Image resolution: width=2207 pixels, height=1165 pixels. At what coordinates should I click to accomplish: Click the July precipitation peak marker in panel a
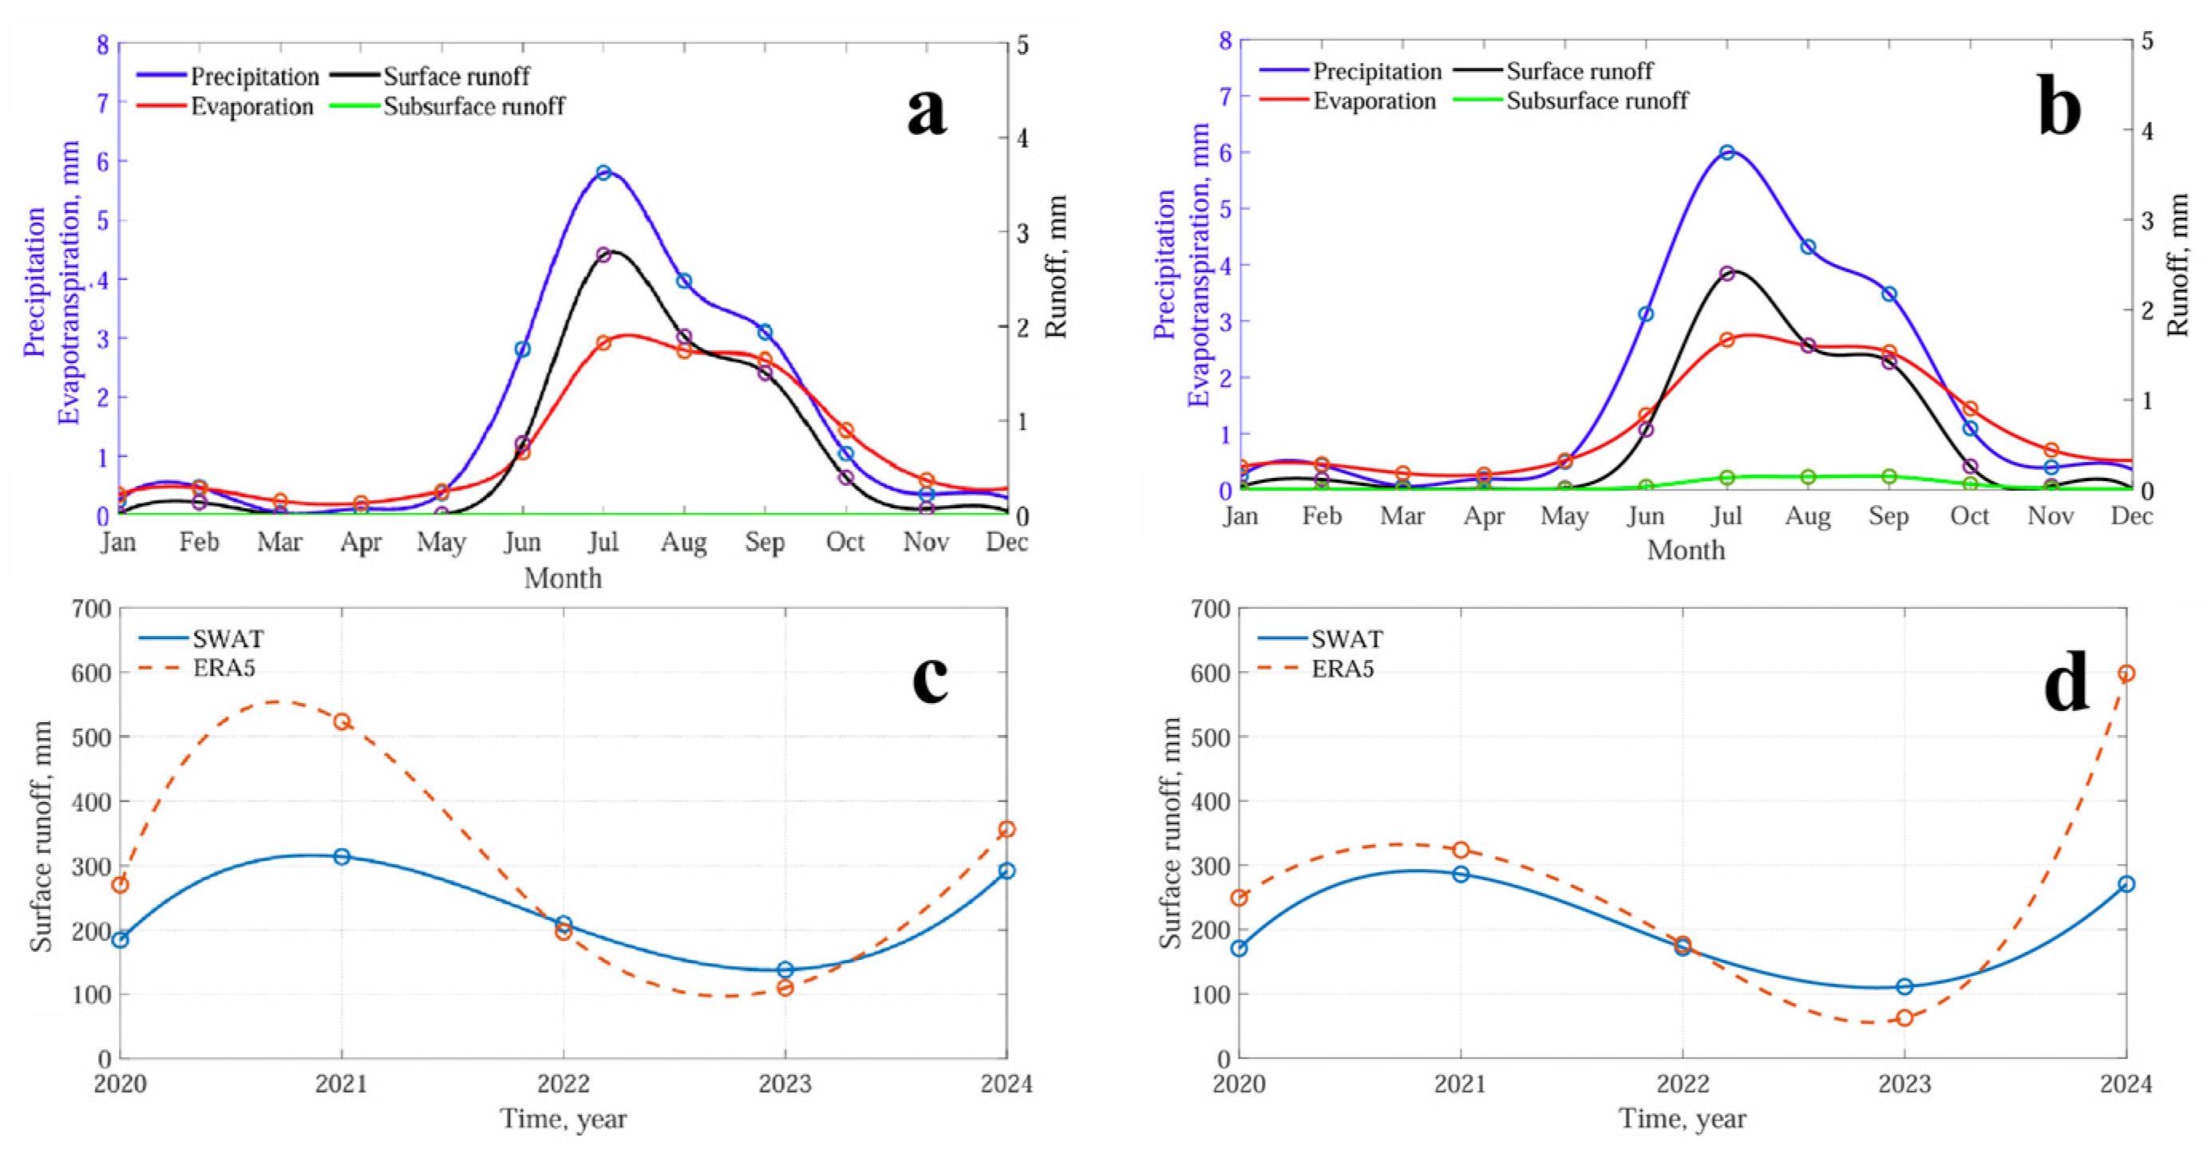point(603,172)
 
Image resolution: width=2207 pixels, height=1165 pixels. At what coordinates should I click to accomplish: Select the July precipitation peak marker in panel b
point(1727,152)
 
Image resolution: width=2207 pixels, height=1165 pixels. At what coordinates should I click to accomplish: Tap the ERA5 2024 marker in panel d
point(2126,673)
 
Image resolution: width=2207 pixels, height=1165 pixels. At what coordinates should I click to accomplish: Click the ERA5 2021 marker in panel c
point(342,721)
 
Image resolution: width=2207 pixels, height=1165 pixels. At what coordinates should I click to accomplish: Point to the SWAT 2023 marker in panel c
point(785,970)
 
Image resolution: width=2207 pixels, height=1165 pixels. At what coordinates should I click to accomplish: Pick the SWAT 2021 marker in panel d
point(1461,874)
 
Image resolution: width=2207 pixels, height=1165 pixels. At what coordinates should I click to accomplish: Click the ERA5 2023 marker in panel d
point(1904,1017)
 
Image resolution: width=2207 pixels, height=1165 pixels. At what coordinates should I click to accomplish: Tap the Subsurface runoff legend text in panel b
point(1597,101)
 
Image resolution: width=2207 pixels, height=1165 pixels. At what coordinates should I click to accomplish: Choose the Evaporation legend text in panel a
point(252,107)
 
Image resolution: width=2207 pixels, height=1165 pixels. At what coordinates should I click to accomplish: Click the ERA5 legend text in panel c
point(224,668)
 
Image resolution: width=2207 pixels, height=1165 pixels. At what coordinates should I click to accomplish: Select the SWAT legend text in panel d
point(1347,639)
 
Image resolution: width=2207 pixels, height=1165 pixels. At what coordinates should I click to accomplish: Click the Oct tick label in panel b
point(1970,515)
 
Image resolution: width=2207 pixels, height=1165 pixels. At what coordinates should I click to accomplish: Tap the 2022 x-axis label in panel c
point(564,1084)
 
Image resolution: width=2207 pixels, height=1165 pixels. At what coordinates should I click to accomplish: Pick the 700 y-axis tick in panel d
point(1210,609)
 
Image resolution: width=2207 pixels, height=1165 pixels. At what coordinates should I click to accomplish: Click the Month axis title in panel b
point(1686,550)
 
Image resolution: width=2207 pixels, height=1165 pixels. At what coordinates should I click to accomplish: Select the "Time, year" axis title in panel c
point(564,1119)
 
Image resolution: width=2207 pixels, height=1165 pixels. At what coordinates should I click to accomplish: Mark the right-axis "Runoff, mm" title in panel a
point(1055,267)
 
